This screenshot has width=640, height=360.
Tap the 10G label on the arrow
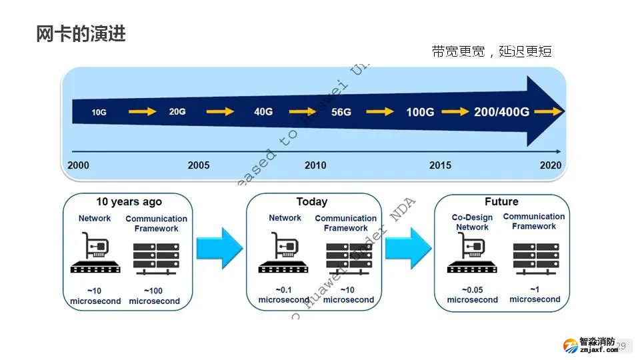99,113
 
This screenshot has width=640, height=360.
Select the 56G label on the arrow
341,112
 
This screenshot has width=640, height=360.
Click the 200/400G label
501,112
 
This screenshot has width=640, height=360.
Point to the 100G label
420,112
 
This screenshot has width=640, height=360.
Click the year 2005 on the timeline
198,165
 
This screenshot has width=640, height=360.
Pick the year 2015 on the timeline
440,165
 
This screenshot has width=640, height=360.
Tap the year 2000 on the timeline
78,165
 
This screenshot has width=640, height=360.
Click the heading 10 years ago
129,202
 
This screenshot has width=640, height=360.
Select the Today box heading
312,202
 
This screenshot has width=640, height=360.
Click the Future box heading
501,202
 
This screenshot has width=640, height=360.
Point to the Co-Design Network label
472,222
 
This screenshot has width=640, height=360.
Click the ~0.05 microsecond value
472,295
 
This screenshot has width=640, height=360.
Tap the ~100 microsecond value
154,296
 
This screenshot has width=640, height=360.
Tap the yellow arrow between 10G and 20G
141,112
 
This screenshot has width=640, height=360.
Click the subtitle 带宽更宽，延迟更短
491,51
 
